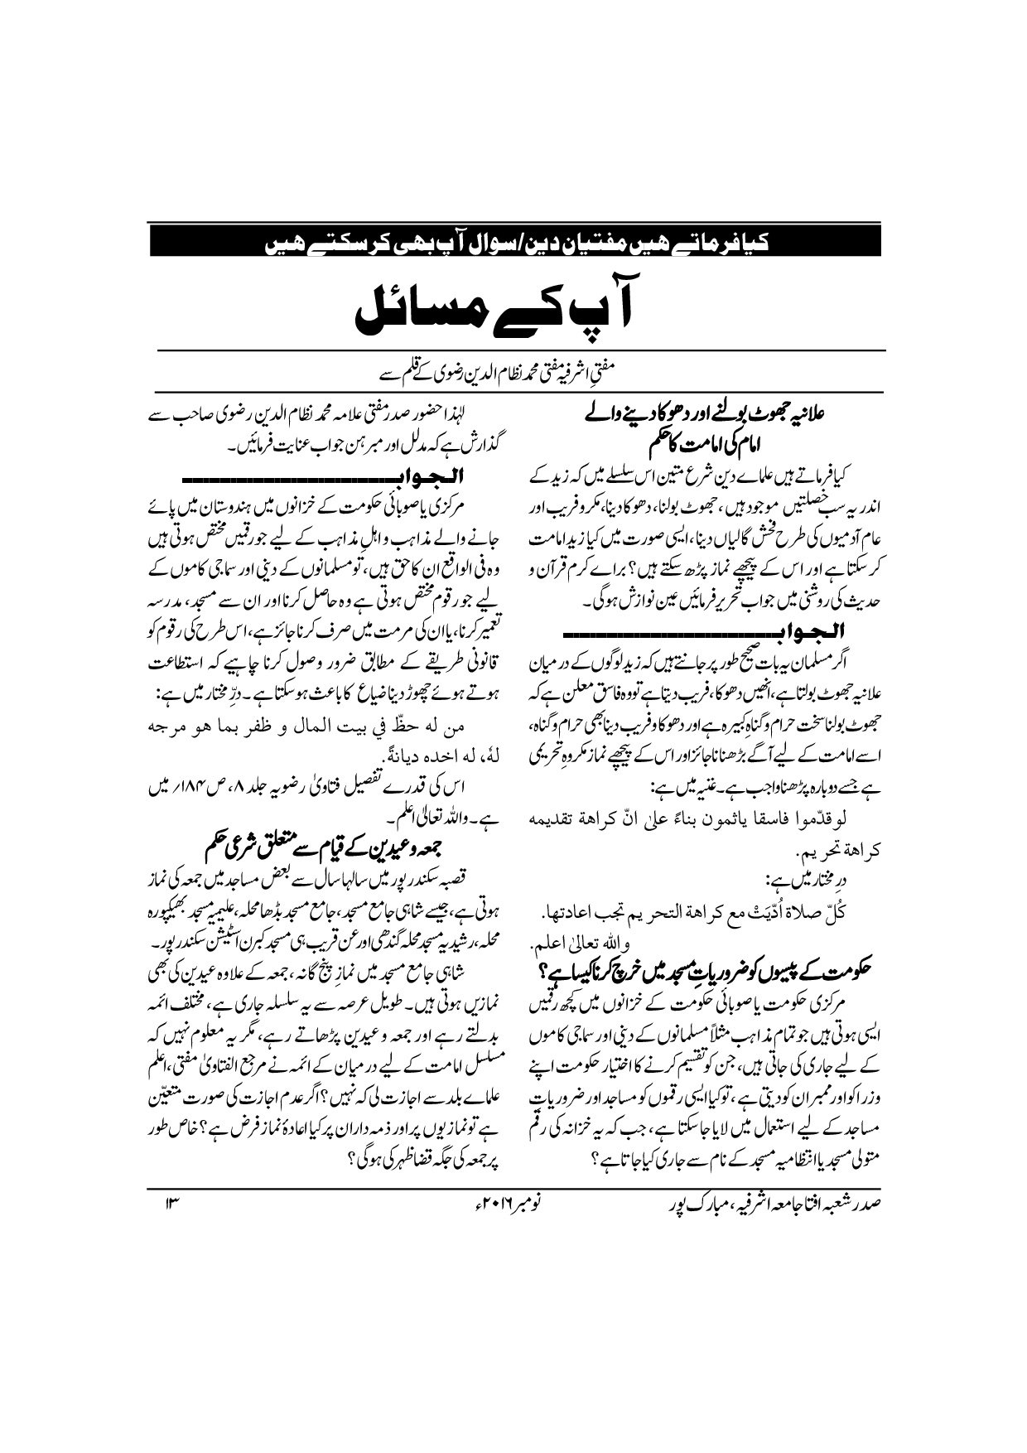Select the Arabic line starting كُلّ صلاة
coord(712,913)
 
